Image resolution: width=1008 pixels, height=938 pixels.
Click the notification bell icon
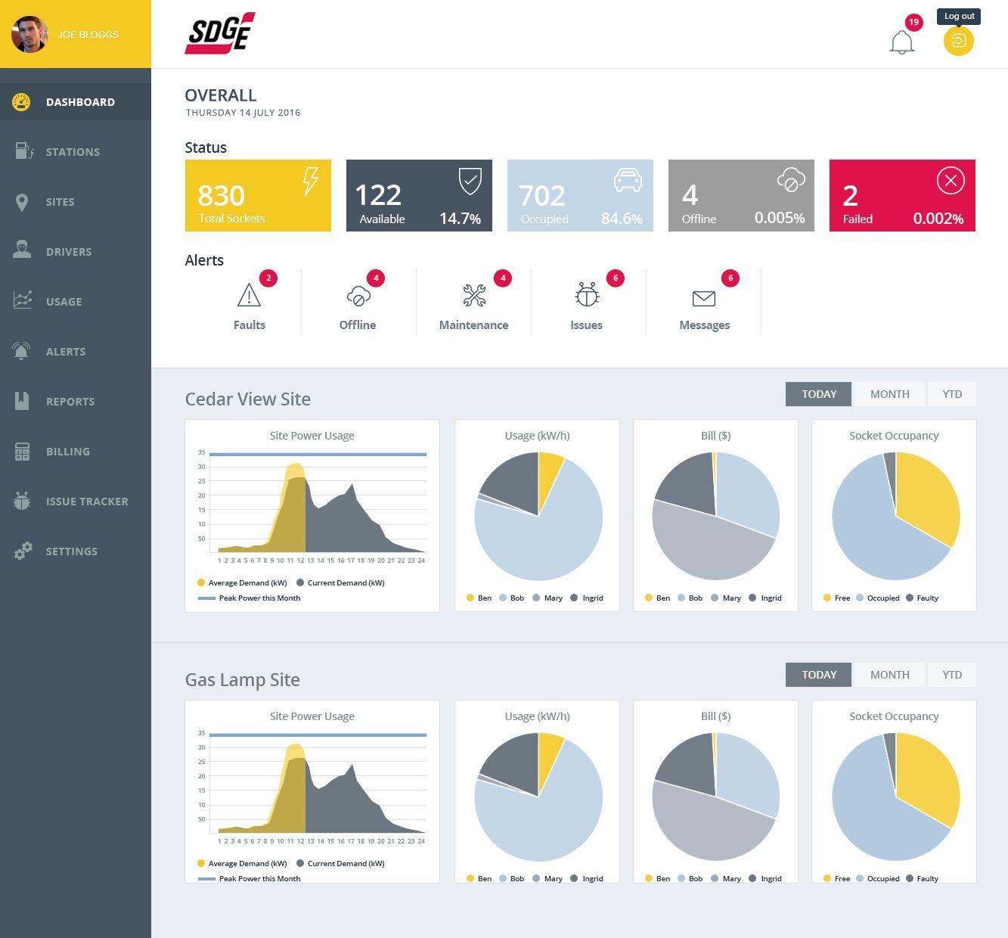coord(901,42)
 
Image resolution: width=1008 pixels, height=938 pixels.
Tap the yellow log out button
coord(958,41)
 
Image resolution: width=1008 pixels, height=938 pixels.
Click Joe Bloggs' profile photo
coord(29,34)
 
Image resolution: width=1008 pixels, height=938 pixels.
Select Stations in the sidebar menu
coord(73,152)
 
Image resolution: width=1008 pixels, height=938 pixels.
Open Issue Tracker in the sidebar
coord(86,502)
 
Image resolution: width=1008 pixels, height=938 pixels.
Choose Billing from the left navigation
coord(67,452)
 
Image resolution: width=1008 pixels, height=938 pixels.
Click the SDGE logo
coord(219,33)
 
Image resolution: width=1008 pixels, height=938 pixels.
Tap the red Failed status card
coord(901,195)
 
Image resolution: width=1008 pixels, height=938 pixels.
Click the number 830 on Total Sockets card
coord(221,195)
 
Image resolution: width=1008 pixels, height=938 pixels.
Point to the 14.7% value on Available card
coord(460,219)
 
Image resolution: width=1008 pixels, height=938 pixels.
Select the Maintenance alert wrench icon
coord(474,296)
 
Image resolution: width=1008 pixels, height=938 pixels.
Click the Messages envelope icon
coord(703,298)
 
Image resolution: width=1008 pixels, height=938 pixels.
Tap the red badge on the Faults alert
coord(268,278)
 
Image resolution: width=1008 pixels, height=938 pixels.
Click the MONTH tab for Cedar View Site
coord(889,394)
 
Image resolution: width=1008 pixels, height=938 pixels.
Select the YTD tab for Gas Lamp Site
coord(952,675)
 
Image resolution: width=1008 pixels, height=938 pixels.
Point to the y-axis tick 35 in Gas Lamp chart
coord(202,733)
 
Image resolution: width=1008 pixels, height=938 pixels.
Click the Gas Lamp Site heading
coord(242,680)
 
